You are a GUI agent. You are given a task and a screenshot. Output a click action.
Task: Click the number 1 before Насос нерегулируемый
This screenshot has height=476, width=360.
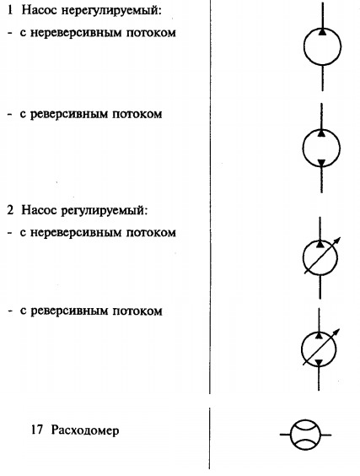point(10,10)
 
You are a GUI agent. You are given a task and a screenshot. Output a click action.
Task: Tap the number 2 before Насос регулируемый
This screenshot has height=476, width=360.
point(10,210)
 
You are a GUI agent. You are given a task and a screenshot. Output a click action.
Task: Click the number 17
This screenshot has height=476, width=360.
point(37,430)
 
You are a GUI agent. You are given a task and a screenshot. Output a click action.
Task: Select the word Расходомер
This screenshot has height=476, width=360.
point(85,430)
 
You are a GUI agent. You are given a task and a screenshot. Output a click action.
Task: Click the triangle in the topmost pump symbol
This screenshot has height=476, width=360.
point(322,31)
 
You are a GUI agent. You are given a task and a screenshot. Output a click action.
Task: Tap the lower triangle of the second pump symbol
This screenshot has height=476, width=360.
point(321,163)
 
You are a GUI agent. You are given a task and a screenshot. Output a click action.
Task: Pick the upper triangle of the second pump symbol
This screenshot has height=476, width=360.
point(321,133)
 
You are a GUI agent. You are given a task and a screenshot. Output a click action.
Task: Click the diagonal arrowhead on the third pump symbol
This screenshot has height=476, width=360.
point(337,241)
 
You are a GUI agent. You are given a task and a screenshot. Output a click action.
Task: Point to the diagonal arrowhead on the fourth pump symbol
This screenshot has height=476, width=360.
point(336,332)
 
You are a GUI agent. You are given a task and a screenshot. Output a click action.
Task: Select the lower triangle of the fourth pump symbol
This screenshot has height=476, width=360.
point(319,363)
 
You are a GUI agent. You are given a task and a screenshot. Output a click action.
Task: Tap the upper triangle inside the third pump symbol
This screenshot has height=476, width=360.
point(320,243)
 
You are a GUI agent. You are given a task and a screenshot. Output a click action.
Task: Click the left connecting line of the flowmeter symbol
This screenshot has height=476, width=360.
point(285,435)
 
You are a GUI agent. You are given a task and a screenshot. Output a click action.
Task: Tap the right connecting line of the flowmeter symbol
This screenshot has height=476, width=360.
point(325,435)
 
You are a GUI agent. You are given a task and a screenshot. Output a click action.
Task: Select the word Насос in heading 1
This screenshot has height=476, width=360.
point(39,10)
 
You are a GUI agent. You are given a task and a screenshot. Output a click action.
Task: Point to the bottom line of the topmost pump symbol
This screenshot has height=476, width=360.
point(322,78)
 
